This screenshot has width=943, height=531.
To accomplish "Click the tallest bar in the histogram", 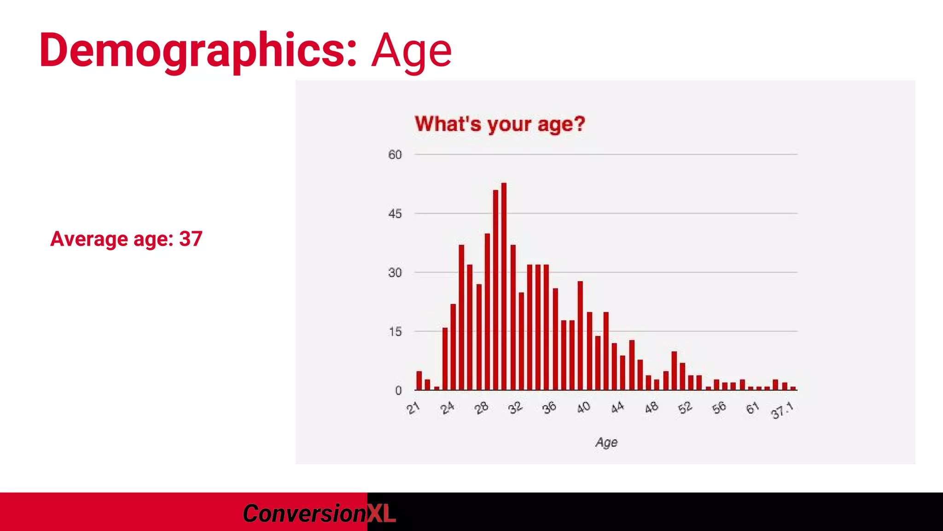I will tap(504, 286).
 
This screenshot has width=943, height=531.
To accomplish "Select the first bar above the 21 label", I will tap(419, 381).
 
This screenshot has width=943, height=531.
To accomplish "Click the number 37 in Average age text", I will tap(191, 239).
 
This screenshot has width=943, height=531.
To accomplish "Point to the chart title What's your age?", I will tap(500, 124).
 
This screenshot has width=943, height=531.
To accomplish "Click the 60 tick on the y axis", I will tap(395, 155).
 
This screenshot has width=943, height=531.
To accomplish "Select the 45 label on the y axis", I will tap(395, 214).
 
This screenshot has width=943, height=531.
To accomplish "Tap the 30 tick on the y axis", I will tap(395, 273).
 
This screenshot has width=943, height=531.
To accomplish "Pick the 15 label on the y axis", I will tap(395, 332).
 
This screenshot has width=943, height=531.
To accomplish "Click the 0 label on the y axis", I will tap(398, 391).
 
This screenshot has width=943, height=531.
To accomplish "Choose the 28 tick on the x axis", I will tap(481, 408).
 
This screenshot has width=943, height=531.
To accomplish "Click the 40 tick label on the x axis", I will tap(583, 407).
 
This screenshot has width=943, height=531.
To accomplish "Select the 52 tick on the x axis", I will tap(685, 407).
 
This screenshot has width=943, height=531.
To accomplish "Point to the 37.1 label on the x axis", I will tap(782, 410).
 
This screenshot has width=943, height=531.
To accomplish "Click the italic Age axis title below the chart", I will tap(606, 442).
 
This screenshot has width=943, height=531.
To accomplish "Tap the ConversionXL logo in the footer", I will tap(319, 513).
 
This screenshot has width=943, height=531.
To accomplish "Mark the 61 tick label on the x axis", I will tap(752, 408).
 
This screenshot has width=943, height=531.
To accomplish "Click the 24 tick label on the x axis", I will tap(447, 408).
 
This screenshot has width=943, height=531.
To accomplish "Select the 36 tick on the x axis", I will tap(549, 407).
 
